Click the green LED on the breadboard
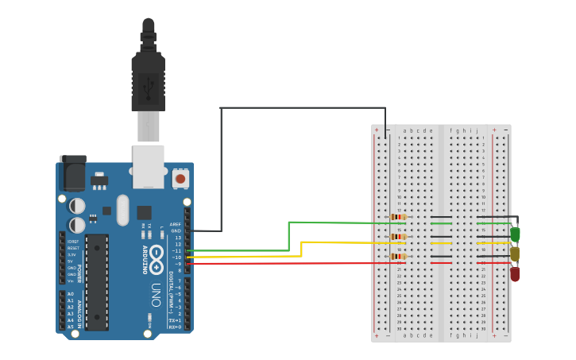click(516, 234)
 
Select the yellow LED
click(515, 254)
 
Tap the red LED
click(515, 273)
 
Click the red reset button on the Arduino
click(180, 179)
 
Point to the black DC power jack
click(72, 173)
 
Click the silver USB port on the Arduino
click(148, 165)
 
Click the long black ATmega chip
click(97, 281)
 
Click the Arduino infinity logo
click(157, 255)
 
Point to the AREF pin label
click(176, 225)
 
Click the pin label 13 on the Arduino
click(179, 238)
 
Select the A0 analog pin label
click(70, 294)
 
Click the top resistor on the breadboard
click(398, 217)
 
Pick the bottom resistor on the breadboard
click(398, 256)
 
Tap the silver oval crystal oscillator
click(122, 210)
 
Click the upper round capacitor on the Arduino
click(77, 205)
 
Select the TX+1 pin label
click(175, 319)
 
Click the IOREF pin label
click(72, 241)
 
